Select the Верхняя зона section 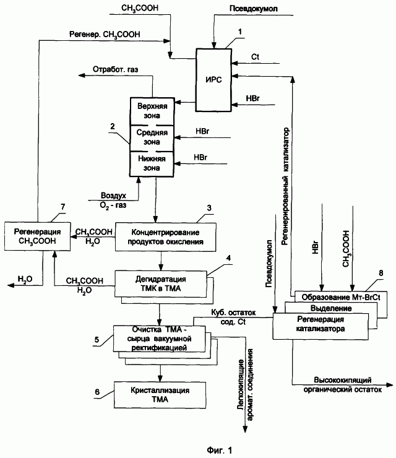click(x=152, y=111)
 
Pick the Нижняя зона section click(x=152, y=164)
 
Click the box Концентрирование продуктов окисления click(x=166, y=237)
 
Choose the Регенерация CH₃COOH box click(x=37, y=236)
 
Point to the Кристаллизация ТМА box click(x=160, y=395)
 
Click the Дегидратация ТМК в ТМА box click(x=161, y=284)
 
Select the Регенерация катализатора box click(x=321, y=326)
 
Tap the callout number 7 click(x=62, y=207)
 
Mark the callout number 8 click(x=381, y=273)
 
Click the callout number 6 click(x=97, y=392)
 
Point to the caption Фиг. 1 click(x=220, y=450)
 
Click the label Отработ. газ click(x=115, y=69)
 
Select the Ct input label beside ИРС click(x=255, y=57)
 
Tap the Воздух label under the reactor click(x=113, y=195)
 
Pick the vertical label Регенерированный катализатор click(x=285, y=186)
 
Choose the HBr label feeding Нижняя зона click(x=200, y=157)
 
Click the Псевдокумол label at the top click(x=254, y=9)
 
